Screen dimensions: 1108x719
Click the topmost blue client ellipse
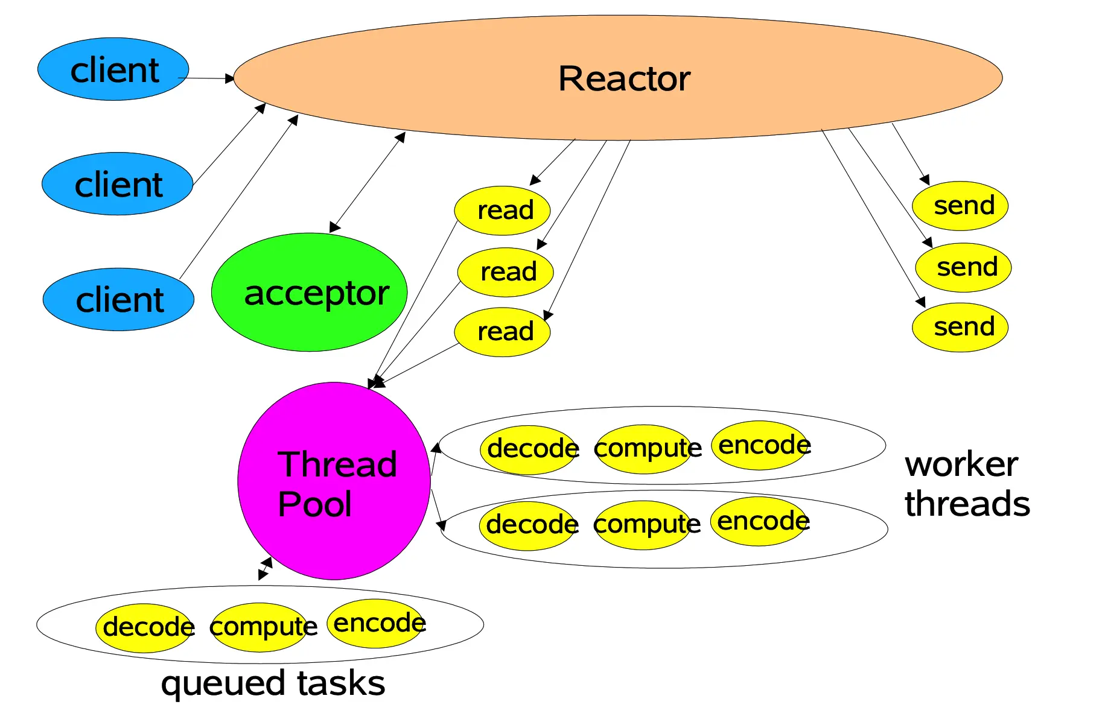pyautogui.click(x=113, y=69)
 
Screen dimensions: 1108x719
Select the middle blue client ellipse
pyautogui.click(x=118, y=183)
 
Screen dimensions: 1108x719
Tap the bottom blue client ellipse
pyautogui.click(x=119, y=299)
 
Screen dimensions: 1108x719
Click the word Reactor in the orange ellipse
pyautogui.click(x=624, y=78)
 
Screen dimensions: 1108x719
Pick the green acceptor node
pyautogui.click(x=310, y=292)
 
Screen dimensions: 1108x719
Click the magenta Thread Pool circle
pyautogui.click(x=334, y=481)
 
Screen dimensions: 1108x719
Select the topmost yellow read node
pyautogui.click(x=503, y=211)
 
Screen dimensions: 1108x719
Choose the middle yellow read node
pyautogui.click(x=506, y=272)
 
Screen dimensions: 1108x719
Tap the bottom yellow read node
pyautogui.click(x=503, y=332)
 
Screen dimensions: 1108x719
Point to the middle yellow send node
pyautogui.click(x=964, y=267)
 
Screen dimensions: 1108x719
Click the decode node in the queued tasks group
pyautogui.click(x=144, y=628)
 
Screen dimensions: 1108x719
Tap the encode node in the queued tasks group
pyautogui.click(x=376, y=624)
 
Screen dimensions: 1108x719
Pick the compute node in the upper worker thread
pyautogui.click(x=645, y=449)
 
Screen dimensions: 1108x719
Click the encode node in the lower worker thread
pyautogui.click(x=760, y=522)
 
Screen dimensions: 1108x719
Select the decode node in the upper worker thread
pyautogui.click(x=529, y=450)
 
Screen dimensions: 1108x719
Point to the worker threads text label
pyautogui.click(x=967, y=484)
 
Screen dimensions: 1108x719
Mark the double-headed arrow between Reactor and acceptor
pyautogui.click(x=368, y=182)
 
